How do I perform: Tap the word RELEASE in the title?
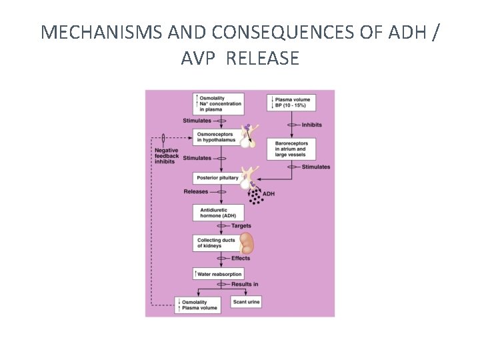(x=263, y=59)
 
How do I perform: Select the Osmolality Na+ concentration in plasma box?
(x=217, y=104)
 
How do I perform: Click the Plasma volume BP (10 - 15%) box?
(x=291, y=103)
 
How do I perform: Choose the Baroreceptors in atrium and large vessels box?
(x=291, y=149)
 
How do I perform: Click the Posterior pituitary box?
(x=217, y=179)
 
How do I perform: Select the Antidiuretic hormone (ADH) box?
(x=217, y=213)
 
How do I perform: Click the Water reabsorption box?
(x=217, y=274)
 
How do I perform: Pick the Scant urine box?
(x=246, y=302)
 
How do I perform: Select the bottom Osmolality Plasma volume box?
(x=196, y=305)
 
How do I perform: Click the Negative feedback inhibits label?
(x=166, y=155)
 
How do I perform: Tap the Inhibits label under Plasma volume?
(x=313, y=125)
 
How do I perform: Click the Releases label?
(x=196, y=192)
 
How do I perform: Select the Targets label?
(x=241, y=227)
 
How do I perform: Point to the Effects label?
(x=241, y=259)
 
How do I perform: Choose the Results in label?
(x=245, y=285)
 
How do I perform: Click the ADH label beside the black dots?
(x=269, y=194)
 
